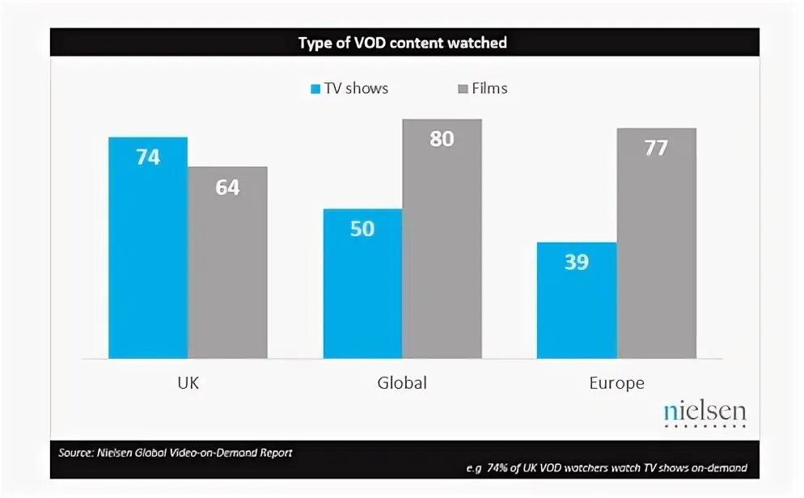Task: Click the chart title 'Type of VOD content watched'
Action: tap(402, 43)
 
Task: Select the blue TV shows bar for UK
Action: tap(148, 259)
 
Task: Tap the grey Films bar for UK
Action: tap(227, 275)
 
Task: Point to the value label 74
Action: tap(148, 158)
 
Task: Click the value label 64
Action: tap(227, 188)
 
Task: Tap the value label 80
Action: tap(442, 139)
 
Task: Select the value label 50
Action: tap(362, 229)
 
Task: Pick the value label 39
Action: tap(577, 262)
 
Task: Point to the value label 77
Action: tap(656, 148)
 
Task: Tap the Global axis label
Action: tap(402, 383)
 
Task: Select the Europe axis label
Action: tap(616, 383)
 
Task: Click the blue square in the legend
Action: tap(315, 89)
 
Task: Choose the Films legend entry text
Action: tap(490, 88)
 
